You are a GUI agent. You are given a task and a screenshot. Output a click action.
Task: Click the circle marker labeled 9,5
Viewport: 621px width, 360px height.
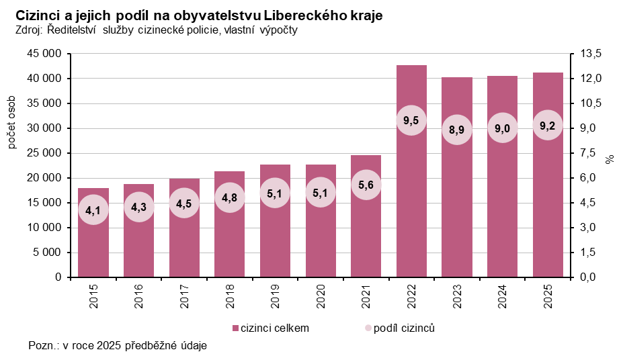click(411, 121)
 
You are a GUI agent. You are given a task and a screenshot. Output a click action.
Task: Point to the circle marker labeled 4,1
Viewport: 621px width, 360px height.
click(93, 210)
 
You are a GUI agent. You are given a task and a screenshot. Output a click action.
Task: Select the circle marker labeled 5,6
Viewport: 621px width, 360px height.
click(366, 185)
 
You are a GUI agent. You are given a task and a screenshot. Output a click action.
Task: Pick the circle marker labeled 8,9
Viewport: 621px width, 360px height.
click(457, 130)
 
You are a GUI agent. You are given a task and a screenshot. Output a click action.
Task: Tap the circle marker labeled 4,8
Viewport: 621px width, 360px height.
click(229, 198)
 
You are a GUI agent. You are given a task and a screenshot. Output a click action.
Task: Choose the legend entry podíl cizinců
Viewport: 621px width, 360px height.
click(401, 328)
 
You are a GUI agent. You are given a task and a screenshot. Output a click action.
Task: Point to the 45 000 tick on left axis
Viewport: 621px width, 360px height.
click(44, 54)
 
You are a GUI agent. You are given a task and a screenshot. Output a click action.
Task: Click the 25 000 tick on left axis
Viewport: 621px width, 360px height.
click(44, 153)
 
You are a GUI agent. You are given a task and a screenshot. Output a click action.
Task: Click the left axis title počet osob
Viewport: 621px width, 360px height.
click(12, 122)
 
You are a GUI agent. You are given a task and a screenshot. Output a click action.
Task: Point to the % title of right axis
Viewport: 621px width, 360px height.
click(610, 160)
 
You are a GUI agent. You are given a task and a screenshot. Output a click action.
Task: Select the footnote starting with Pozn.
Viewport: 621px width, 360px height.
click(118, 346)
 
